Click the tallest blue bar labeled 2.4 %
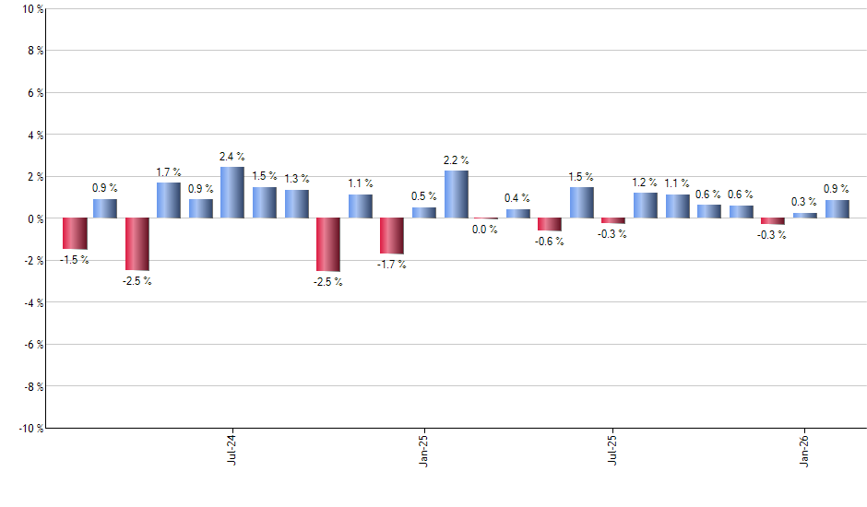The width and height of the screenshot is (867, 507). [232, 193]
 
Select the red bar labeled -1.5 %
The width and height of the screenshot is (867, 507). [75, 233]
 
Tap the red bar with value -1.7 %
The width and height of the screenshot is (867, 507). [392, 236]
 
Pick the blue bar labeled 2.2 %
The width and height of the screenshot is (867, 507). [457, 195]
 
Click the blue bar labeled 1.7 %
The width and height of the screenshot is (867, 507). [169, 200]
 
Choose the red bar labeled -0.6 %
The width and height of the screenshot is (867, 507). [550, 224]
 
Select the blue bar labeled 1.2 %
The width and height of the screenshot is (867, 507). [646, 206]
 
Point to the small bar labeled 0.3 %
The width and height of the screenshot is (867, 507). [805, 216]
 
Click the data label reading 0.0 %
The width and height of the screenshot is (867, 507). [485, 230]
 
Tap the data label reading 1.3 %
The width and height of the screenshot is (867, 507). [297, 179]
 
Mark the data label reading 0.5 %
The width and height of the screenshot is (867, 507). [424, 196]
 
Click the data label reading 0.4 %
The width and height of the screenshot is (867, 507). [517, 198]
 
